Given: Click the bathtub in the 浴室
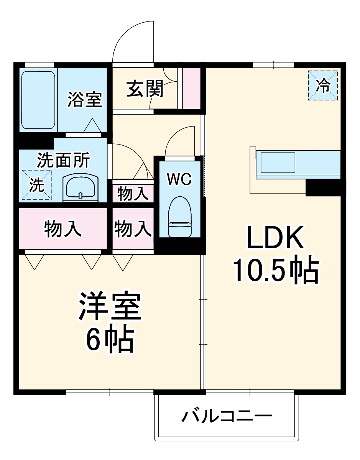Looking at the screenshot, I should point(38,100).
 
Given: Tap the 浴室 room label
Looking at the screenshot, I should point(85,99).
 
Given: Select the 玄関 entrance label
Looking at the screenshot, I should point(145,89).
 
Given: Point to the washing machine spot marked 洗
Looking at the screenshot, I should point(37,185).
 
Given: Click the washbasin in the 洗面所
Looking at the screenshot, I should point(80,187).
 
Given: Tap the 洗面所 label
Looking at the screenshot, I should point(63,160).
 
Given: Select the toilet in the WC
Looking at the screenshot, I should point(179,218).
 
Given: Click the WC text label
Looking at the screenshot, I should point(179,179).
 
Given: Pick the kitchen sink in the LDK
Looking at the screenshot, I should point(278,163).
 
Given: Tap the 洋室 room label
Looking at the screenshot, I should point(110,307).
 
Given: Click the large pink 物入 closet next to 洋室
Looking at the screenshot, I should point(63,229).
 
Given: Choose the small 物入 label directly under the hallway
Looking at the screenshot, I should point(133,194).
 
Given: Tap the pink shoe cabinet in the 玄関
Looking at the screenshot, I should point(191,89).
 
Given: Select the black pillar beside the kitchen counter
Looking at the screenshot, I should point(323,187).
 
